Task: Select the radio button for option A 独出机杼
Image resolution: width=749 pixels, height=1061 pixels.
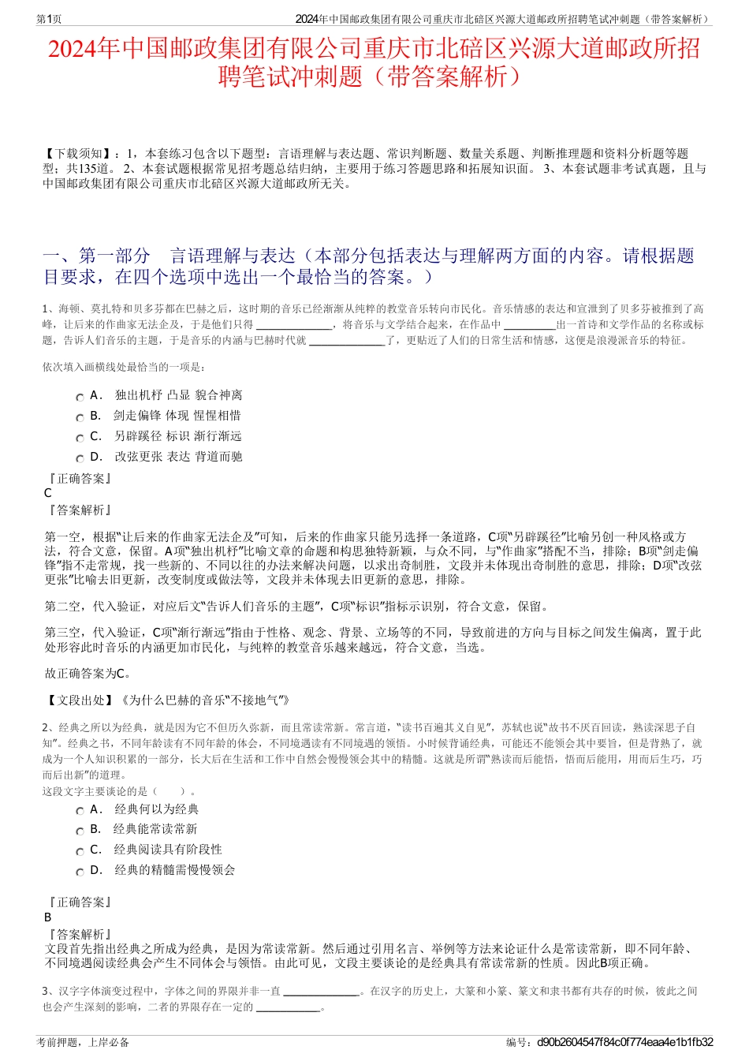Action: point(80,397)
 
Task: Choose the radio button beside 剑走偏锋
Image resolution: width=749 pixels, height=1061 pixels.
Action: point(80,417)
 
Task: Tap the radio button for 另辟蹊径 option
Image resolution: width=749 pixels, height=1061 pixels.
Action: point(80,438)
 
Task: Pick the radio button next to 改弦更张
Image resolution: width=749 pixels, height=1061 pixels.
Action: point(80,458)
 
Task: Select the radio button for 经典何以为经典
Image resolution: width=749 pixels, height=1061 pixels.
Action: point(80,811)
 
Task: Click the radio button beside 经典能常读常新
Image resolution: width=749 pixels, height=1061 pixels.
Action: point(80,831)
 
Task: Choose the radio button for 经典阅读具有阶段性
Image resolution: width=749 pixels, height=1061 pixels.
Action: point(80,851)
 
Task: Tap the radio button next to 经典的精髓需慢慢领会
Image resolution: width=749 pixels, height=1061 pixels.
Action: point(80,872)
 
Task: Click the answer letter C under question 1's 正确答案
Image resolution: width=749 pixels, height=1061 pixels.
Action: point(48,493)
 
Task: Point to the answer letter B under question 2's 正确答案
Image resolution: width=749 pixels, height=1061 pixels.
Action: point(48,917)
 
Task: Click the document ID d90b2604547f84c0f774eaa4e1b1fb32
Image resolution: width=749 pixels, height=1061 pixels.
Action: point(624,1042)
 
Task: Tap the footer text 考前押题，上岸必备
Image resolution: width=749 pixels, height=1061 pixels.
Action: point(83,1042)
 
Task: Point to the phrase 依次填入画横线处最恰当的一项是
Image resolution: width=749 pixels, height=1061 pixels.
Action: point(125,367)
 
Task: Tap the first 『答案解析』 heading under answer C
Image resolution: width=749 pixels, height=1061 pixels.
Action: point(79,510)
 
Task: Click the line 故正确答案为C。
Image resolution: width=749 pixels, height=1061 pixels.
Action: point(88,674)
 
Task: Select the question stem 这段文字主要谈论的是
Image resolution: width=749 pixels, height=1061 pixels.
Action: point(95,790)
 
